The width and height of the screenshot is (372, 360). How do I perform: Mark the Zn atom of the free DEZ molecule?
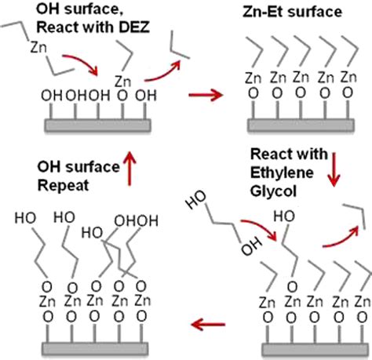click(34, 48)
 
